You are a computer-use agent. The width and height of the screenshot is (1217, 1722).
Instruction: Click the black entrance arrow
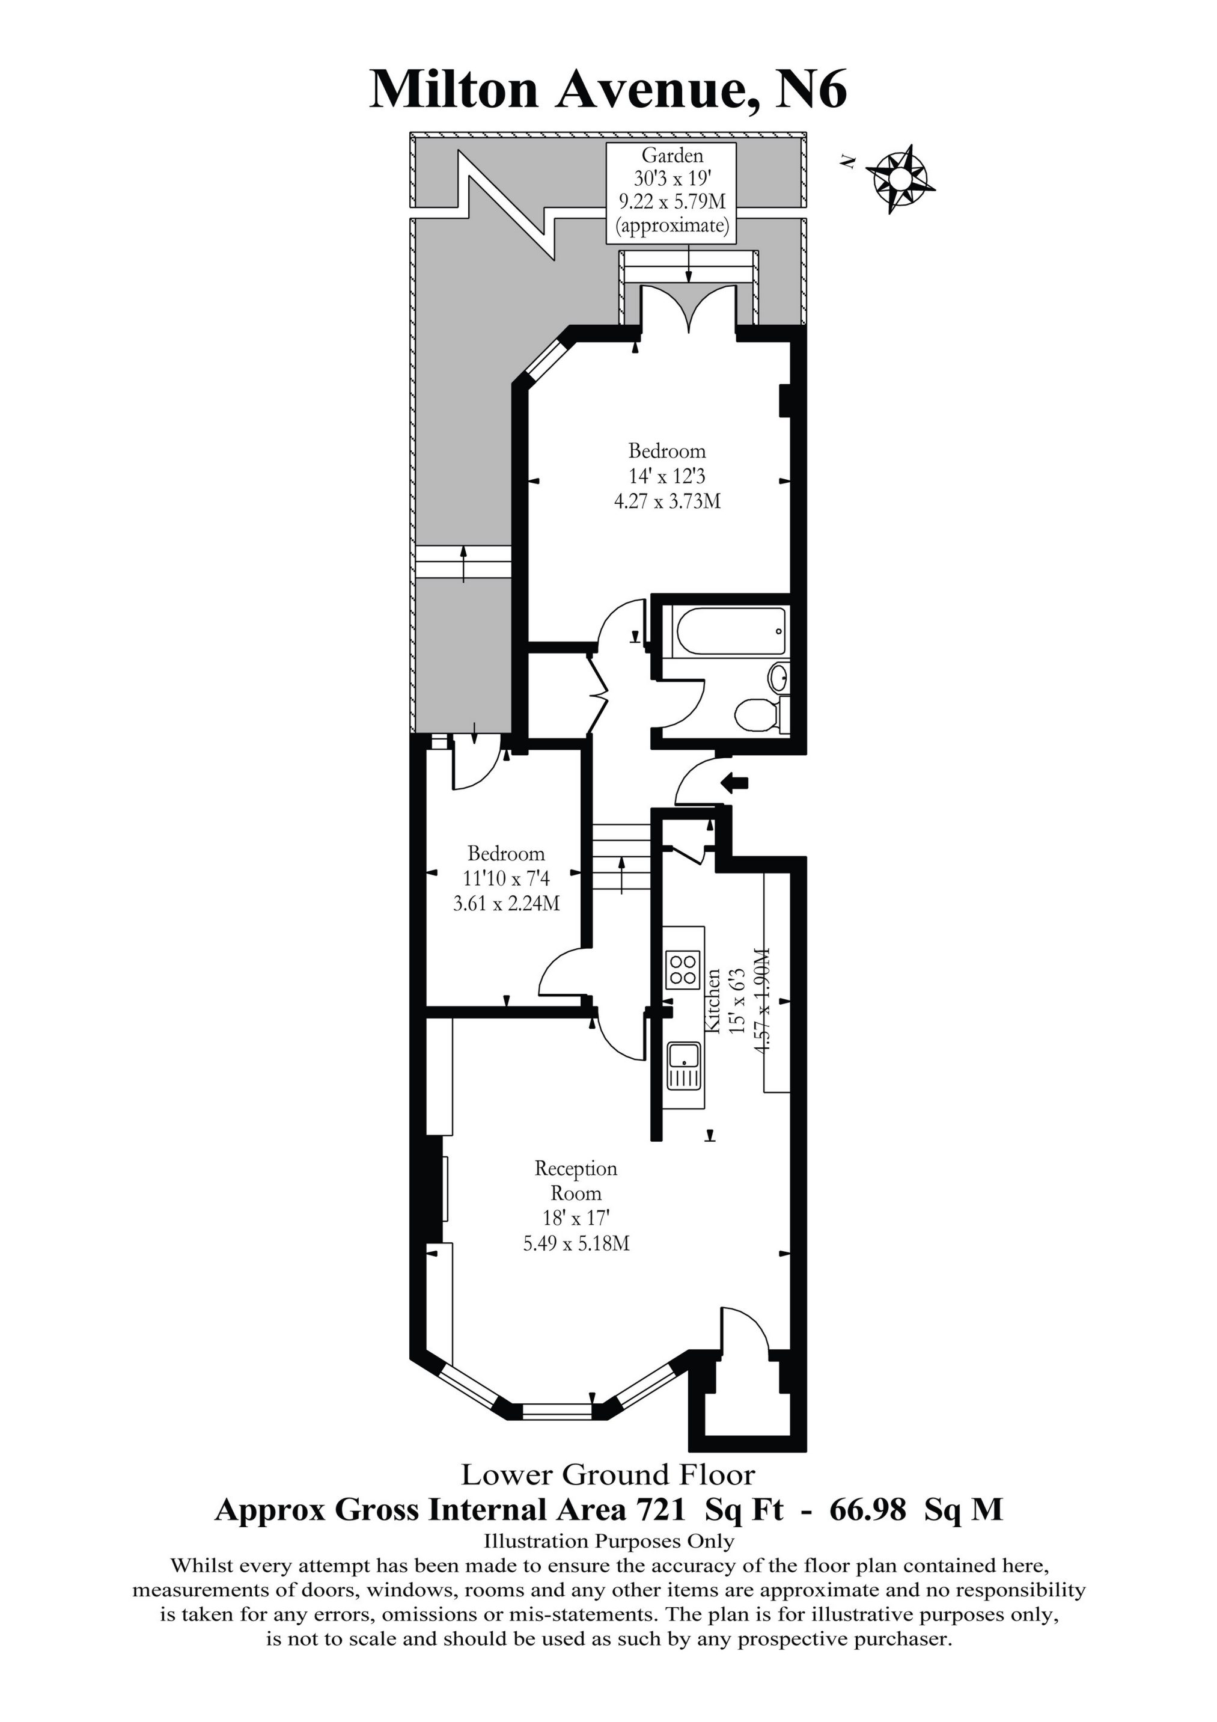point(735,783)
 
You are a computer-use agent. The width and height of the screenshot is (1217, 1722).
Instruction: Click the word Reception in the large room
point(576,1168)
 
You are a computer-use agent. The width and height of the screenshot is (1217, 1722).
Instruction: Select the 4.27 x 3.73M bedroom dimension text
point(667,501)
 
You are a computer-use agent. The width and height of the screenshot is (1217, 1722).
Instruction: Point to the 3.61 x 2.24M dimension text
point(506,903)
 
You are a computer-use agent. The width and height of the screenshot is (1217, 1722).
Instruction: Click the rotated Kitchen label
point(713,1000)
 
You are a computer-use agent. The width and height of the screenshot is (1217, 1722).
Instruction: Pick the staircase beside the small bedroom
point(621,857)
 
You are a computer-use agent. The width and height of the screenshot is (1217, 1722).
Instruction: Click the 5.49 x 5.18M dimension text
point(576,1243)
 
